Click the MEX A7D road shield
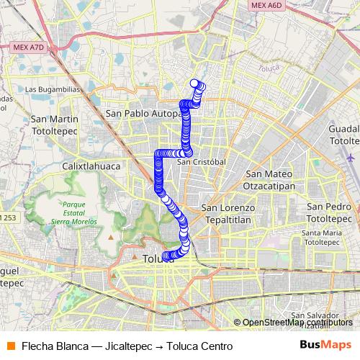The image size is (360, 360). point(29,47)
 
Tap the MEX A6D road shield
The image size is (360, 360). point(267,5)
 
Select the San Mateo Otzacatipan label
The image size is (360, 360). point(269,179)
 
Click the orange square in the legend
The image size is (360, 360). point(9,346)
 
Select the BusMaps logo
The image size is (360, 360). point(325,346)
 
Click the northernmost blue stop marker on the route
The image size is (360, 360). point(194,83)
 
